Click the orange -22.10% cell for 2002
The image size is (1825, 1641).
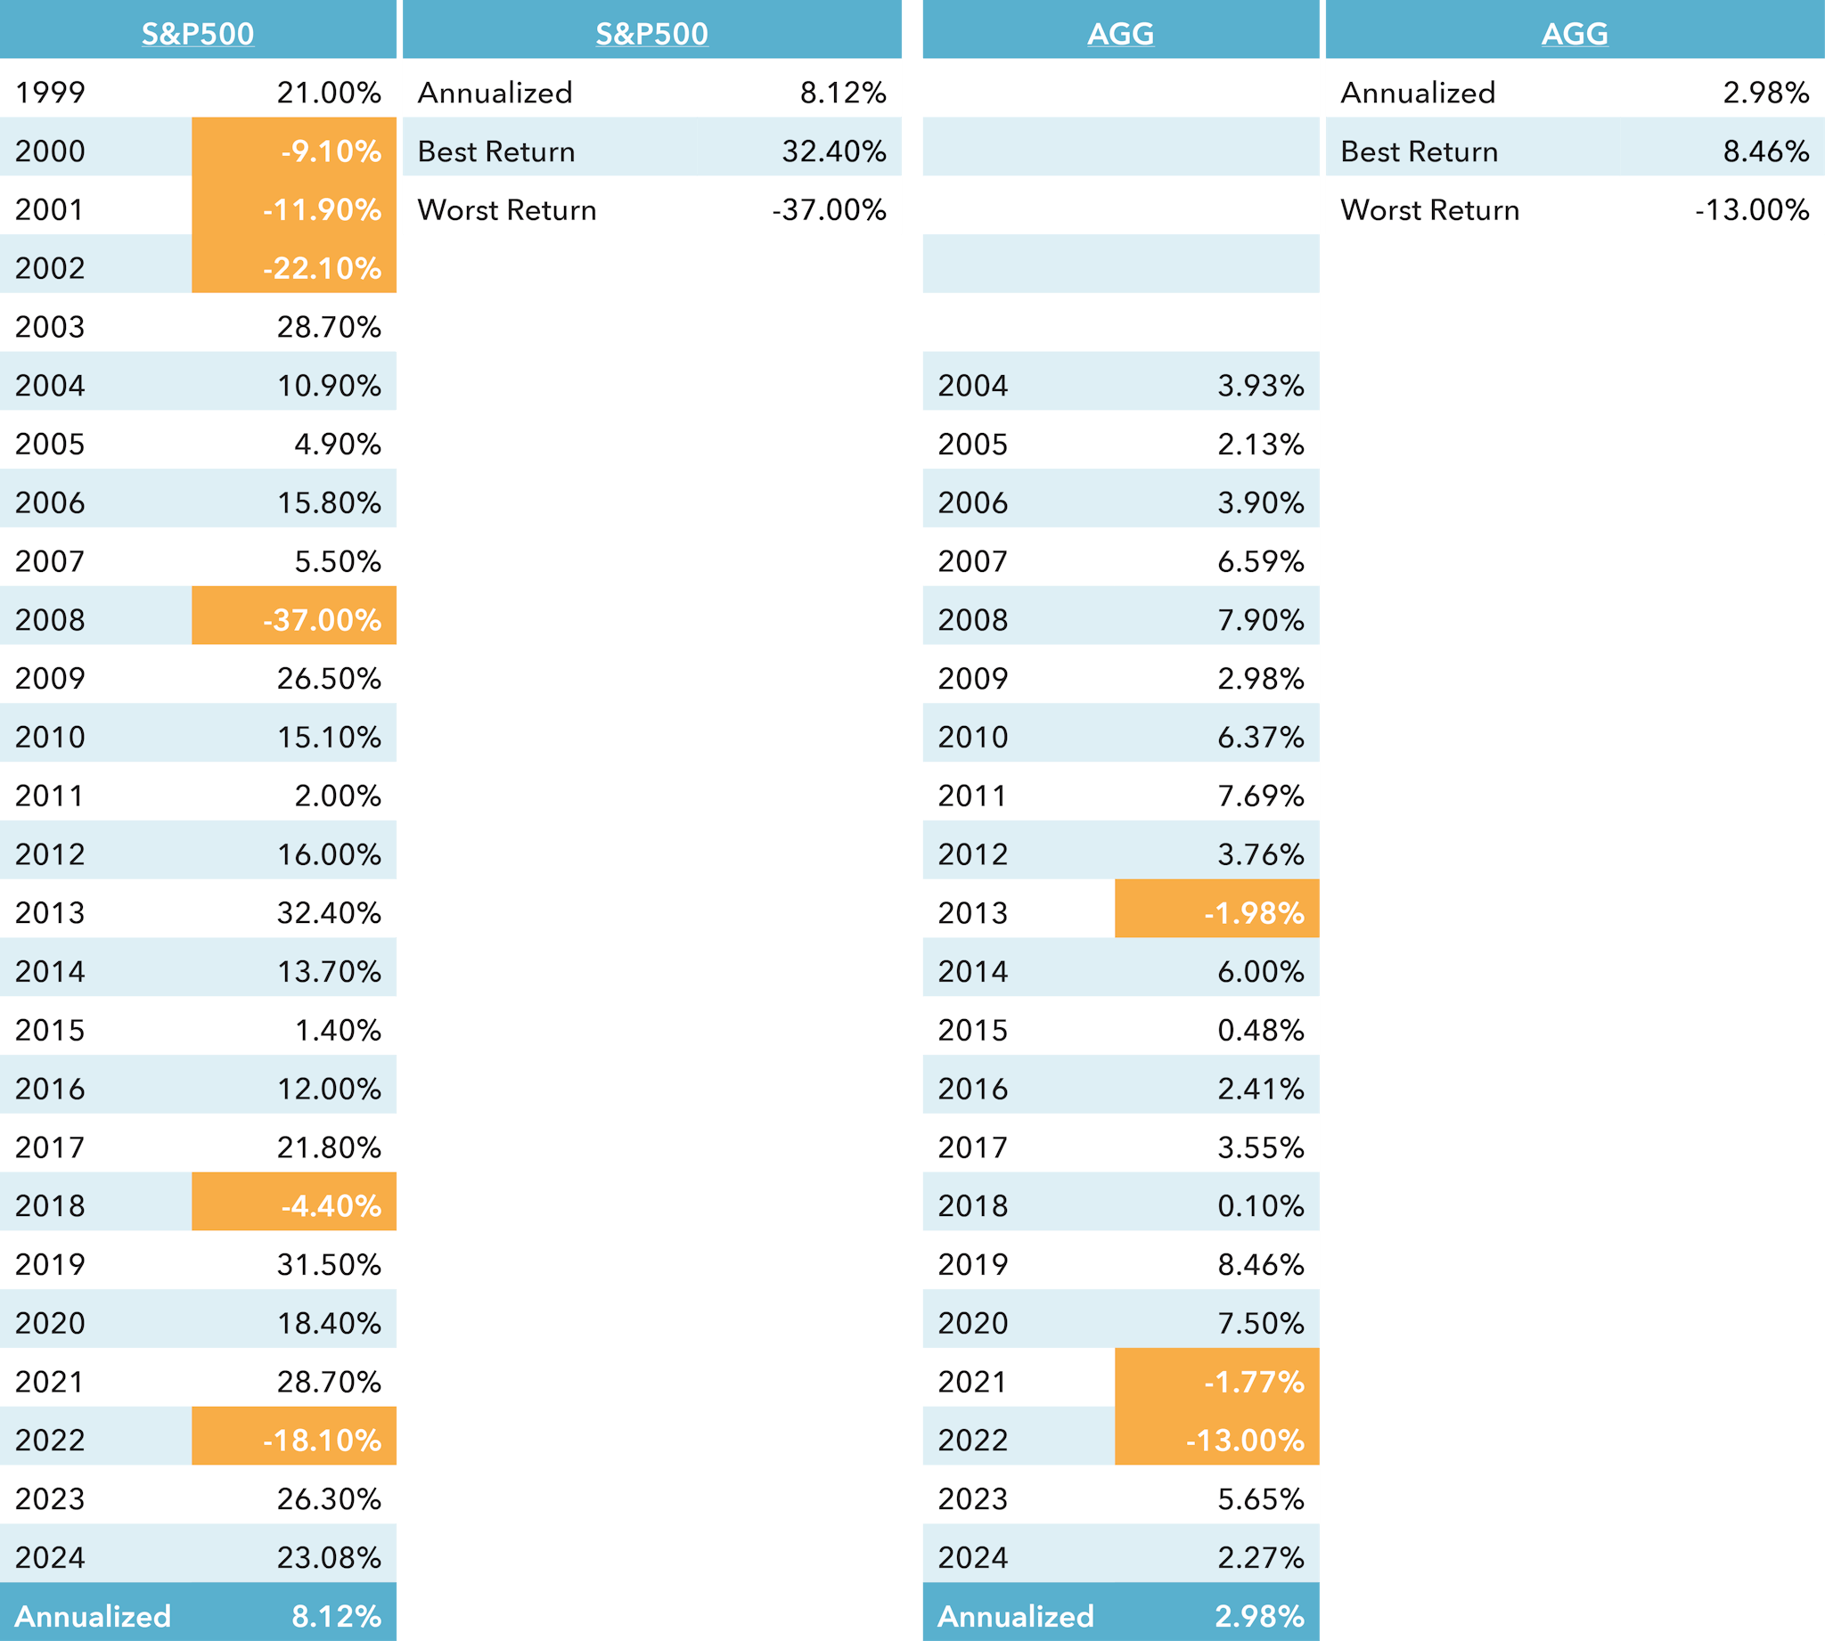point(322,268)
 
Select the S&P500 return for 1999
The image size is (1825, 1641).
point(328,92)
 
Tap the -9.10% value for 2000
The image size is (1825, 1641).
point(330,151)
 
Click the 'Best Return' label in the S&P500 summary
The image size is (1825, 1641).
point(496,151)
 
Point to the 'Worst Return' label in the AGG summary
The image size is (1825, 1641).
point(1429,209)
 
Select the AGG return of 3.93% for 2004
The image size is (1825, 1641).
point(1260,385)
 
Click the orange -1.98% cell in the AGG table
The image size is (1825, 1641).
point(1253,912)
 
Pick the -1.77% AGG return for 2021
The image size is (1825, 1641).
point(1253,1382)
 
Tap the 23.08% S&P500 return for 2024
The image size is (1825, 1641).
point(328,1557)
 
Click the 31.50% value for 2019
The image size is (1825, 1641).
point(328,1264)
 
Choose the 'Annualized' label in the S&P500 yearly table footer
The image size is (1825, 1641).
point(93,1616)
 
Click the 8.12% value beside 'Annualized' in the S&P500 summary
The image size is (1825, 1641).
point(842,92)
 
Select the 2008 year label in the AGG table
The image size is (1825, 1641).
point(972,619)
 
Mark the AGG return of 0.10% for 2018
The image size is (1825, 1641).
point(1260,1205)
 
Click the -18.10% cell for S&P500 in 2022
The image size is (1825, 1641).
point(322,1440)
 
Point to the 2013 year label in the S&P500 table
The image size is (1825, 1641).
point(50,912)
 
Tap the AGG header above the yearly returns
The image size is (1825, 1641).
point(1120,33)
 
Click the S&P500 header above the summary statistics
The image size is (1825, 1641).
point(651,33)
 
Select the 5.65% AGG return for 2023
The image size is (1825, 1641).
point(1260,1498)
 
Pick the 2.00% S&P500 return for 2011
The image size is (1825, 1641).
point(337,796)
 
